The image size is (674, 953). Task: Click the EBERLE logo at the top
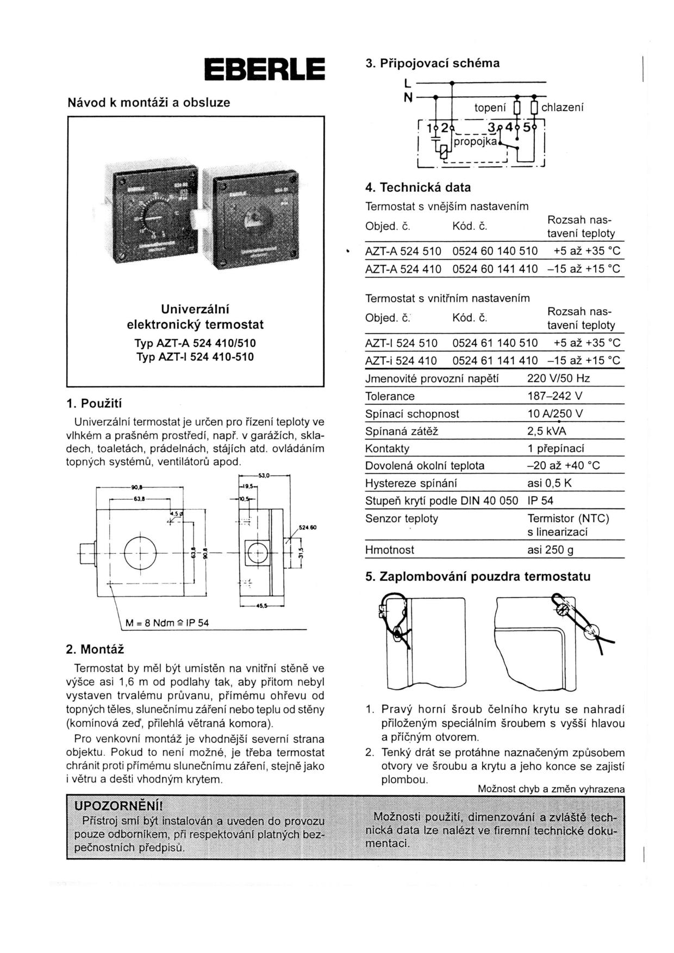pos(264,70)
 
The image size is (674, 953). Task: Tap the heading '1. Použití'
pos(94,404)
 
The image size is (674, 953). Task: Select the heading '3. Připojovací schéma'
pos(432,63)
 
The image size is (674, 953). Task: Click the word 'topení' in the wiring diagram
pos(490,108)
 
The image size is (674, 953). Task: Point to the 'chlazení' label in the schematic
pos(563,108)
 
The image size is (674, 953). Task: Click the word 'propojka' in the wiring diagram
pos(475,141)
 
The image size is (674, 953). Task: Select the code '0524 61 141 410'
pos(495,360)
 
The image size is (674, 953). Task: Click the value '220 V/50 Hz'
pos(558,378)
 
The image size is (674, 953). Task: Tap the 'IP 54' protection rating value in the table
pos(540,500)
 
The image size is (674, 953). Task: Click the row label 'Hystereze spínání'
pos(411,483)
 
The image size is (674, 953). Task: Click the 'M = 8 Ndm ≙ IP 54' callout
pos(167,623)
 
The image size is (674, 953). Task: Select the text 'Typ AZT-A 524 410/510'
pos(195,343)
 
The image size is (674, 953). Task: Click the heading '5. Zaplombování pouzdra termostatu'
pos(478,576)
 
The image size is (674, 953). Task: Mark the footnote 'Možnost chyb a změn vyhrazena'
pos(551,789)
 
